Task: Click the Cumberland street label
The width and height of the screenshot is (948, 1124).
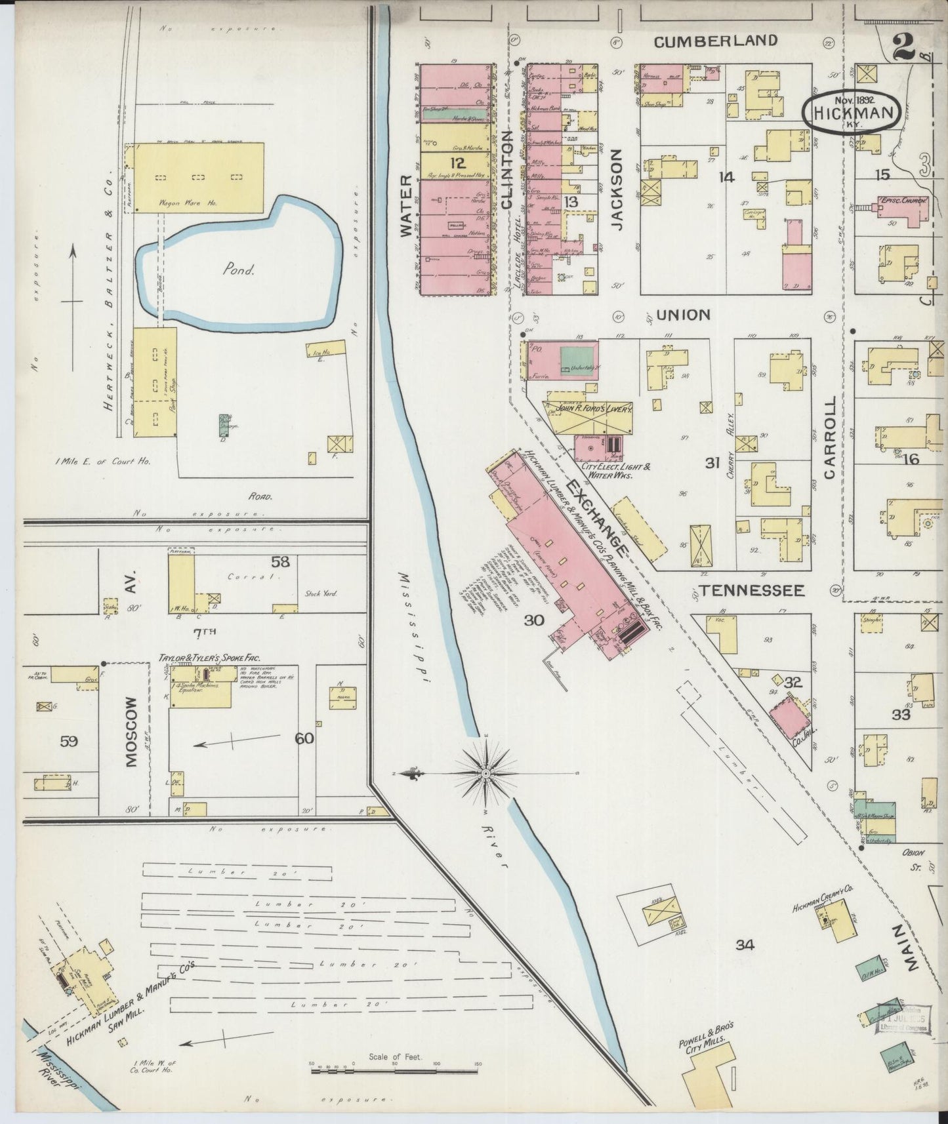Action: (716, 41)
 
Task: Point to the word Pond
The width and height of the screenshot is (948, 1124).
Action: (237, 270)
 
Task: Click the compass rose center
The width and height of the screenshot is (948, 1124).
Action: (485, 774)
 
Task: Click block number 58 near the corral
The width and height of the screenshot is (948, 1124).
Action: (280, 562)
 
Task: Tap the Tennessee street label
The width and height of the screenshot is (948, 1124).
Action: (751, 591)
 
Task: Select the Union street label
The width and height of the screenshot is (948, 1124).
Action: (683, 315)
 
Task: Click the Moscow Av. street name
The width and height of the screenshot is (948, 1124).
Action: (131, 728)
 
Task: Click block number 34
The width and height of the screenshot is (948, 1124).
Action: (745, 945)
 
